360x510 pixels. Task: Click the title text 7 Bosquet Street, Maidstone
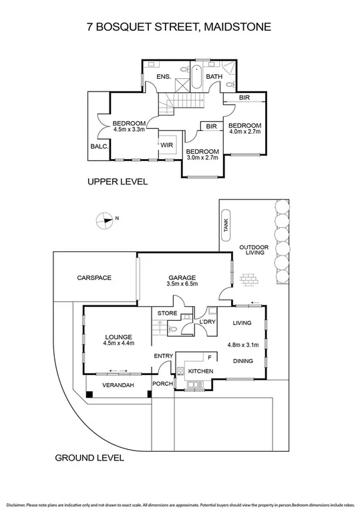coord(180,27)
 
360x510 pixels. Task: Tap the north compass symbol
coord(106,219)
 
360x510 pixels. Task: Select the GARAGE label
coord(181,277)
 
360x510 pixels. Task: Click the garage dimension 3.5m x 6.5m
coord(181,284)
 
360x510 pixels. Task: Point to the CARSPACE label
coord(94,277)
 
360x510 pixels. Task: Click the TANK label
coord(225,228)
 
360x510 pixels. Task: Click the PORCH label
coord(162,384)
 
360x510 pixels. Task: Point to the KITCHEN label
coord(200,370)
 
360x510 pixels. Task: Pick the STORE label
coord(166,312)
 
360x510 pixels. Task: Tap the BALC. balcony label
coord(98,147)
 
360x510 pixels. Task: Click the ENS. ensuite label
coord(164,77)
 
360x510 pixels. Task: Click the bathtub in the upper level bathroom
coord(196,79)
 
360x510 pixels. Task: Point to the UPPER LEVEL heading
coord(117,182)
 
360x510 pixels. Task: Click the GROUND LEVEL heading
coord(89,458)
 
